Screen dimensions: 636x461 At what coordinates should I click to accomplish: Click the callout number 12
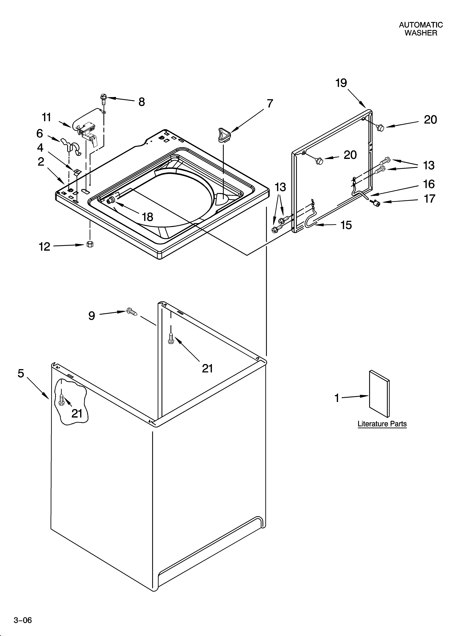click(x=44, y=247)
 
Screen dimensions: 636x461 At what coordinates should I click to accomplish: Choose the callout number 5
click(x=21, y=374)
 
